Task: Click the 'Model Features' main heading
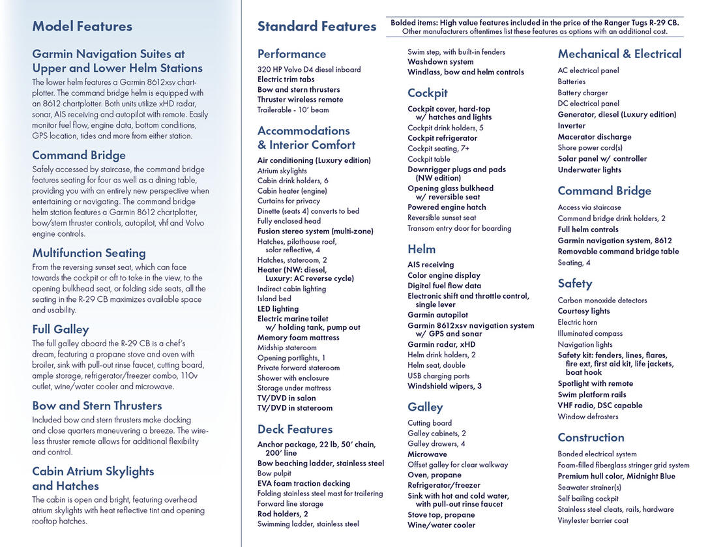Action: (82, 27)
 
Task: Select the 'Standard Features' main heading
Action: (317, 27)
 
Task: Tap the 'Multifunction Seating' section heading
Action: (89, 253)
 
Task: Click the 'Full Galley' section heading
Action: (61, 329)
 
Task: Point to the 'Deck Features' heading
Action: (295, 430)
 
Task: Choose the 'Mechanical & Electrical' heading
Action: (619, 54)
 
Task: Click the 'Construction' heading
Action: (591, 437)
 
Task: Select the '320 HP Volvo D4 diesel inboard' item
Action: (309, 70)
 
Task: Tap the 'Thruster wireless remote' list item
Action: (300, 100)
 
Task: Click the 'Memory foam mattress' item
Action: (298, 338)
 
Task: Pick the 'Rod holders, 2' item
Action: (282, 514)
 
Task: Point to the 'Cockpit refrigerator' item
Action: (442, 138)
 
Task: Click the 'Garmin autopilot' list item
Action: (437, 315)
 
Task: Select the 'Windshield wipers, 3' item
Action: (445, 386)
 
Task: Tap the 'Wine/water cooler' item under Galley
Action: (441, 525)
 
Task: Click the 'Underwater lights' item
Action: (589, 170)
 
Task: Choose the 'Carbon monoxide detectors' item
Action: (602, 301)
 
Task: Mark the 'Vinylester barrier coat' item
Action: (593, 520)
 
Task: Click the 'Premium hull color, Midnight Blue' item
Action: (616, 476)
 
